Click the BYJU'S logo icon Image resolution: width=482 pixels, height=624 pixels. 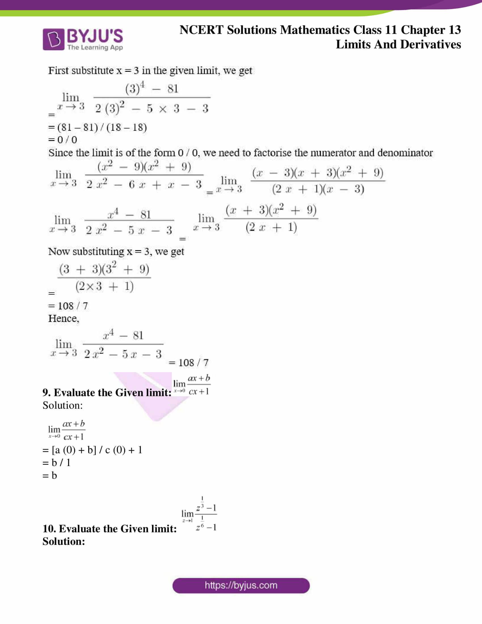click(x=53, y=39)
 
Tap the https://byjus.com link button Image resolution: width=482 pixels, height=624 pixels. click(x=241, y=585)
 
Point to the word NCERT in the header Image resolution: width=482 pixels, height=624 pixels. click(x=201, y=30)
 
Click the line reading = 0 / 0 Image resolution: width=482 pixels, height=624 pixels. click(x=63, y=140)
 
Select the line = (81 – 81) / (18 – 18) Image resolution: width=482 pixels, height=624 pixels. click(x=97, y=127)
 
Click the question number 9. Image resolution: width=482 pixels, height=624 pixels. click(x=46, y=393)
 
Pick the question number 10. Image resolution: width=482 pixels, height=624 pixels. click(x=49, y=529)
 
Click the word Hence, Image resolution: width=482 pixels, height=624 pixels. click(x=64, y=318)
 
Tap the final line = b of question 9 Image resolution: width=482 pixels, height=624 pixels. click(x=50, y=475)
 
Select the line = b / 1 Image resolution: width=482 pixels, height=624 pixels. click(x=56, y=463)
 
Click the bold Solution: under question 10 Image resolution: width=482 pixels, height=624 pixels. click(x=64, y=541)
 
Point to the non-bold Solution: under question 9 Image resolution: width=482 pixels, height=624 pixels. click(x=63, y=405)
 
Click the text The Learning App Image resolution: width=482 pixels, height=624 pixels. click(x=95, y=47)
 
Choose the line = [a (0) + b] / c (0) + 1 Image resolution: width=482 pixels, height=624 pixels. click(x=92, y=450)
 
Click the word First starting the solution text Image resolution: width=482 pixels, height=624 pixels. click(x=58, y=71)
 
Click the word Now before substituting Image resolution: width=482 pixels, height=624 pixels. click(x=59, y=251)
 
